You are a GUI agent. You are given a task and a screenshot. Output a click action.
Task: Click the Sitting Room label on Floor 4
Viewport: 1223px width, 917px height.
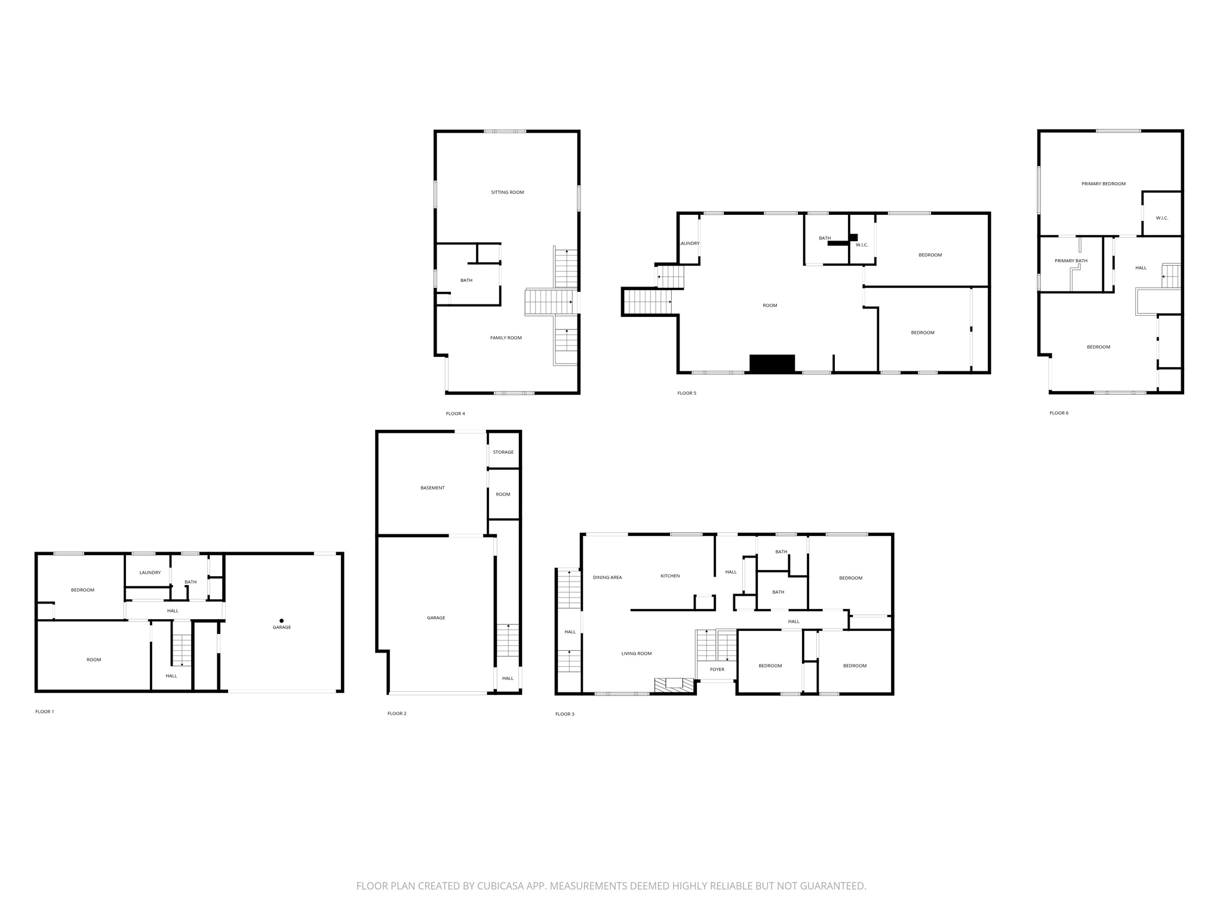(x=507, y=192)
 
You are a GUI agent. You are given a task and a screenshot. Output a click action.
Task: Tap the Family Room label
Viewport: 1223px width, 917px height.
(x=506, y=338)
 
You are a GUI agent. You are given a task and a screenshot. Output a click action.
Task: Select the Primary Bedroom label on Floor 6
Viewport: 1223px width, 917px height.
(x=1103, y=184)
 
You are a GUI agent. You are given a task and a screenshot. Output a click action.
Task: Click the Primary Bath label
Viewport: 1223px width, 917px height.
(x=1071, y=261)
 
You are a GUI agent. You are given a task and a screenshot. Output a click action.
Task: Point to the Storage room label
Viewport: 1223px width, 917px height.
(x=503, y=452)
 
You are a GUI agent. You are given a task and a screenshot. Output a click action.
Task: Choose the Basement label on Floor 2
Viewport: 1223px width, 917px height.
(x=432, y=488)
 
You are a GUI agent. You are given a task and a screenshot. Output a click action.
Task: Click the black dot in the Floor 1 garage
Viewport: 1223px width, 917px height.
(x=281, y=621)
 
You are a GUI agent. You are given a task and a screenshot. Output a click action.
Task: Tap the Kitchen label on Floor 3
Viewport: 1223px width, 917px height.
(x=670, y=576)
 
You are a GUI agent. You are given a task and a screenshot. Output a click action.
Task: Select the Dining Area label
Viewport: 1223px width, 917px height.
(x=607, y=577)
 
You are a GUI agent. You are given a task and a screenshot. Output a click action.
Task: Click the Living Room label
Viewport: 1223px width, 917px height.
(x=636, y=654)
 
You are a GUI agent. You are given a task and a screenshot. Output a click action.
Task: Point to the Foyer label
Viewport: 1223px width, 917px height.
(x=717, y=669)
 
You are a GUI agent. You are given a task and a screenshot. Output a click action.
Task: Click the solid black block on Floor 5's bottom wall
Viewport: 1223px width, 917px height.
(x=772, y=364)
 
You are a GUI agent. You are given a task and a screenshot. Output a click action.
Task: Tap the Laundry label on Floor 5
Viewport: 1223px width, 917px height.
(x=689, y=244)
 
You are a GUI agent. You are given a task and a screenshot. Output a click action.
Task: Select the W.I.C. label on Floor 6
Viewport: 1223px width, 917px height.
(x=1161, y=218)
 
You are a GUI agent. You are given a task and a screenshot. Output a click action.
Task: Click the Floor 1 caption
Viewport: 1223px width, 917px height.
(x=44, y=712)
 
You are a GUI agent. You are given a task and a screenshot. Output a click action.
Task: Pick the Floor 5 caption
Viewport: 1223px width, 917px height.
(x=686, y=393)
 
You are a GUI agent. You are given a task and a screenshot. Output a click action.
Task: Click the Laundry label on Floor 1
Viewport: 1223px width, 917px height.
(x=150, y=573)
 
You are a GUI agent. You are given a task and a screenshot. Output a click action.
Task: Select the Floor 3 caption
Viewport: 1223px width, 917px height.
(x=564, y=714)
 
